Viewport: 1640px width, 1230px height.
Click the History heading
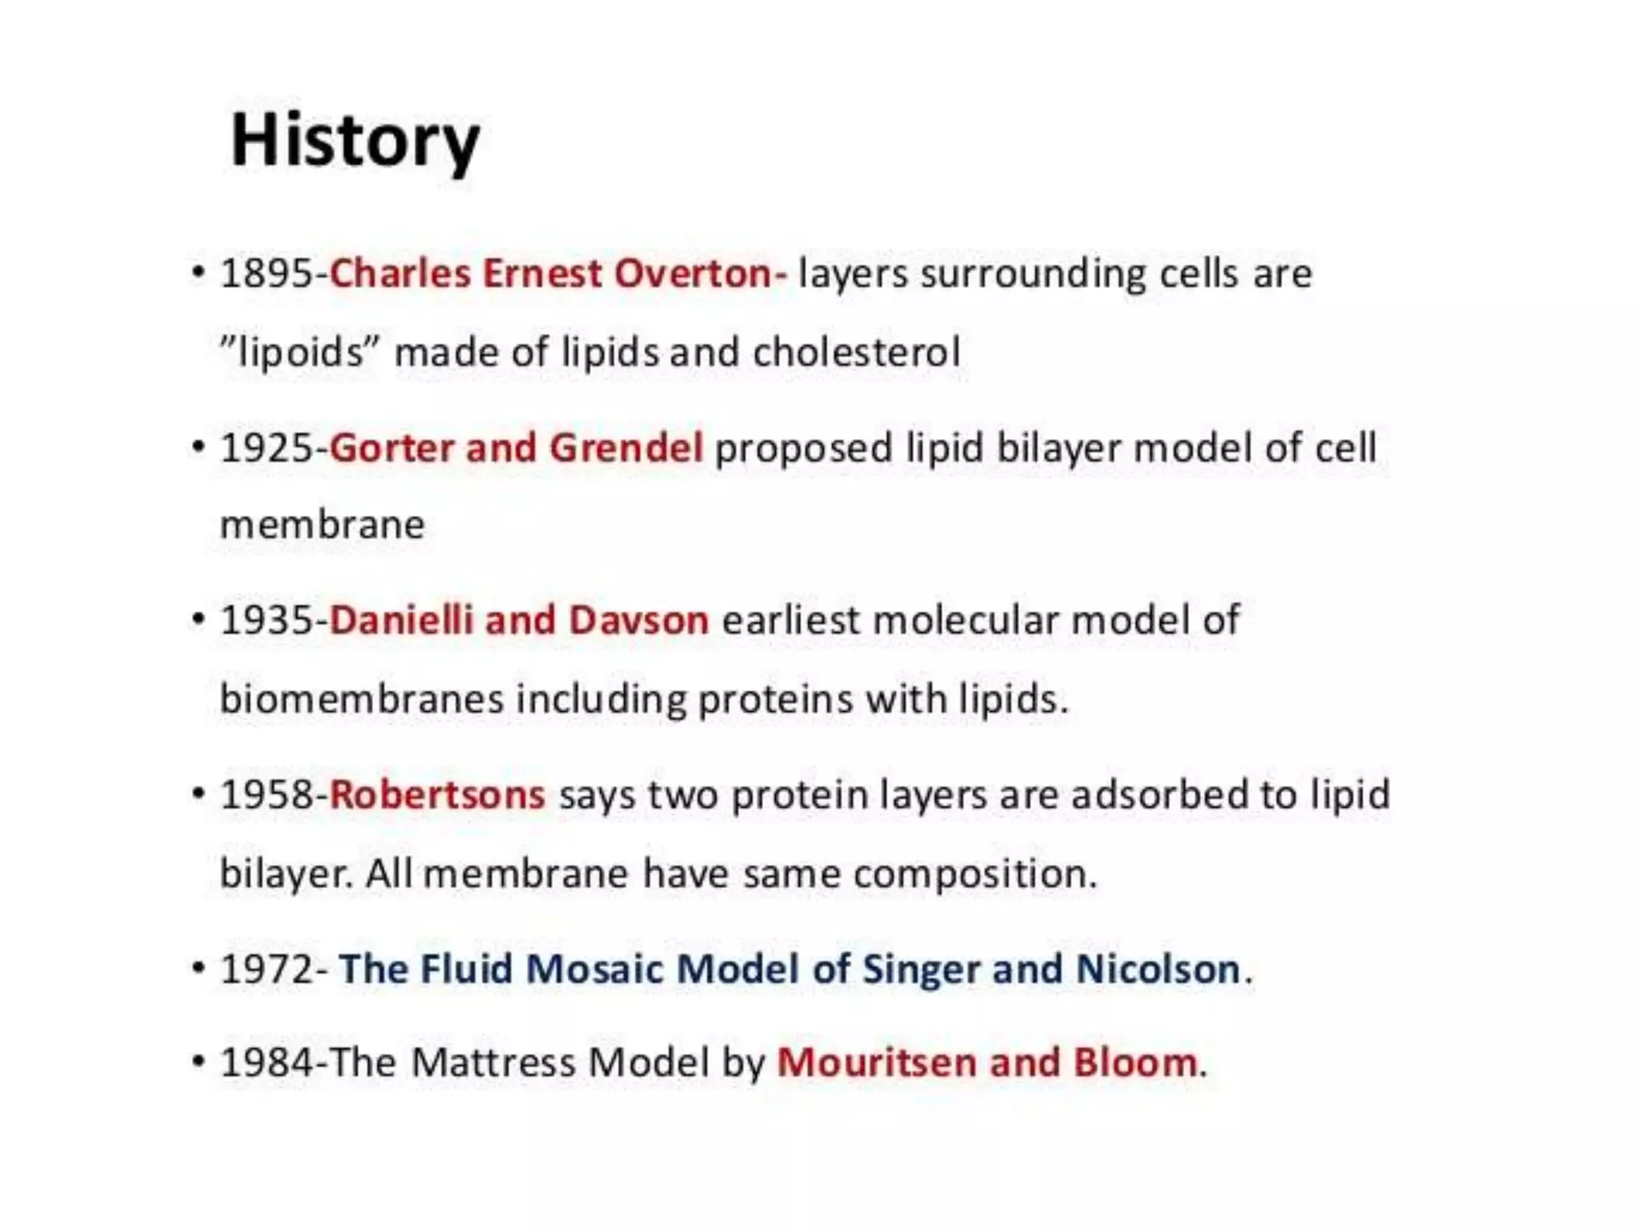click(355, 142)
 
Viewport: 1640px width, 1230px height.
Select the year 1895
click(267, 274)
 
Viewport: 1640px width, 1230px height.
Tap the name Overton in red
click(691, 274)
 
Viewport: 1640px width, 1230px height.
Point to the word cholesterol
click(856, 352)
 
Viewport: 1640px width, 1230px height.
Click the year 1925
click(267, 448)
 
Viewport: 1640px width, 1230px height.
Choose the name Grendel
click(626, 448)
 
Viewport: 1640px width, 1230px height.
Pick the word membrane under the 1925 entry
click(322, 526)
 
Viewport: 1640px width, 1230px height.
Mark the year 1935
click(267, 621)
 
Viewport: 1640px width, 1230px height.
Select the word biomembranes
click(361, 699)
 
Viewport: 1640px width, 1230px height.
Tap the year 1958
click(267, 795)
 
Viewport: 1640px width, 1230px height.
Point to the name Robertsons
click(437, 795)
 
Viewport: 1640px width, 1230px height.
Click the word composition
click(974, 874)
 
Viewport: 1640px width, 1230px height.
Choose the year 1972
click(267, 969)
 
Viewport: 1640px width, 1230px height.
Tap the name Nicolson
click(1158, 969)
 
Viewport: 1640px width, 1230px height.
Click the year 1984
click(267, 1063)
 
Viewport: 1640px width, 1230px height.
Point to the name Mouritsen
click(876, 1063)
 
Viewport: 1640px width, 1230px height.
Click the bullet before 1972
click(199, 968)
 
